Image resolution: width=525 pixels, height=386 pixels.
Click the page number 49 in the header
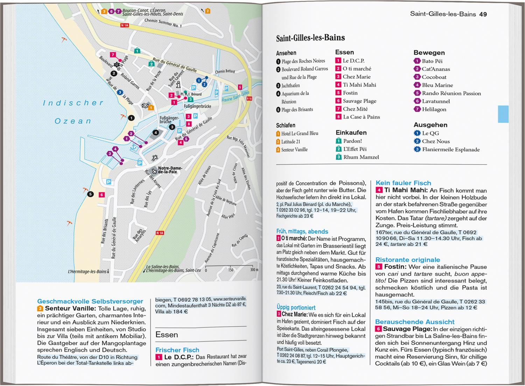(483, 14)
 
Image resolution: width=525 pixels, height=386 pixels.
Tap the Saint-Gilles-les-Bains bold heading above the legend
(310, 38)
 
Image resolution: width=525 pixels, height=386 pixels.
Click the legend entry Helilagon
(434, 109)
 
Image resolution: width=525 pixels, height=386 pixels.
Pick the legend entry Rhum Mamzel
(361, 157)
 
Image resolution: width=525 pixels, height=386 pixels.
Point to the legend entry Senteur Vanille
(294, 150)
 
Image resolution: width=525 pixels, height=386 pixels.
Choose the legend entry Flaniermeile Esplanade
(450, 150)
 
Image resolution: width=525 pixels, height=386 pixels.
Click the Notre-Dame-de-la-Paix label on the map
(169, 170)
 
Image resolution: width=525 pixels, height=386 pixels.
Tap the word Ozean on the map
(73, 121)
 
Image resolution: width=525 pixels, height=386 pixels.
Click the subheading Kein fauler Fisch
(403, 183)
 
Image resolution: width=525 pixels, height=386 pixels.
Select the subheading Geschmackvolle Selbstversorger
(90, 301)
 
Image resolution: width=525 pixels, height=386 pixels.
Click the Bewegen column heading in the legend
(429, 53)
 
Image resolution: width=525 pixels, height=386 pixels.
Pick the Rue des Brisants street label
(104, 231)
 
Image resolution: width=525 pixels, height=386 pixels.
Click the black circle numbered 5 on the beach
(90, 194)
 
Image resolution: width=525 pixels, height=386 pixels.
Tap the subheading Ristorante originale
(407, 260)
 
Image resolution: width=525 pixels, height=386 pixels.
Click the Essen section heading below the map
(167, 335)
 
